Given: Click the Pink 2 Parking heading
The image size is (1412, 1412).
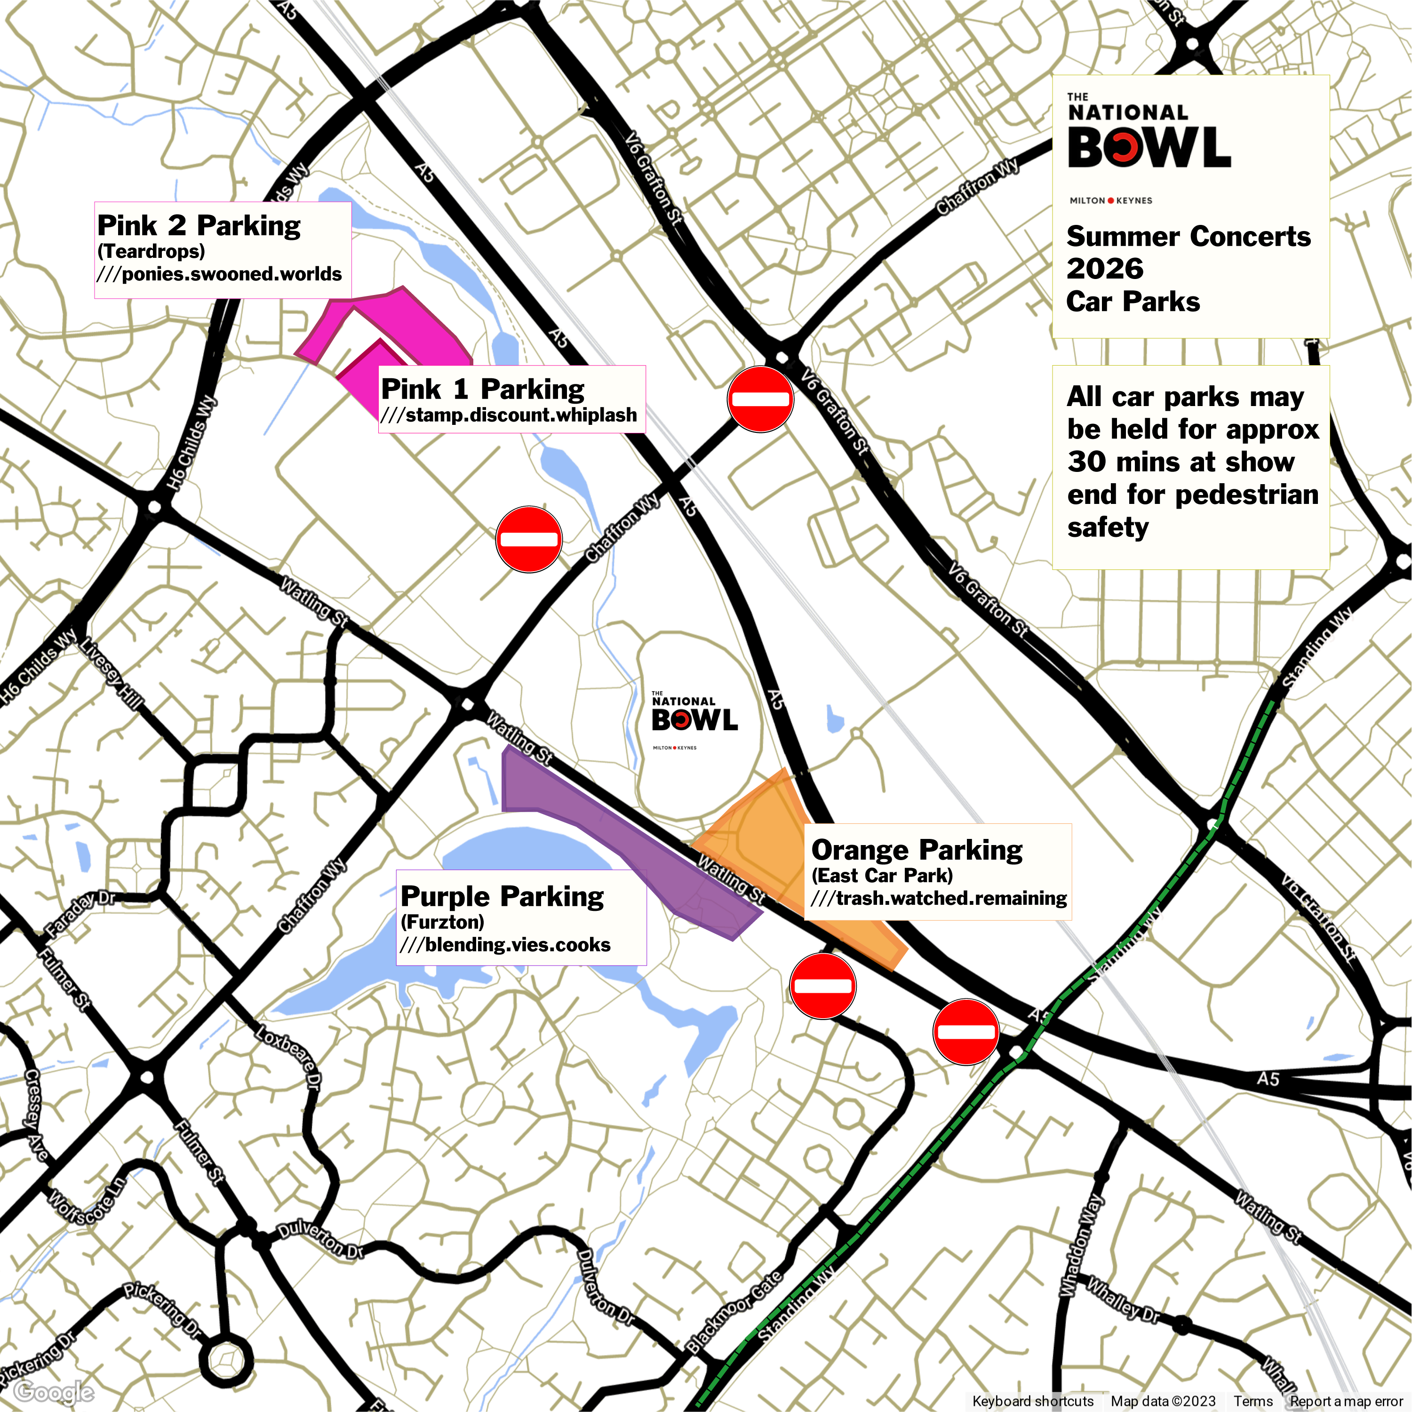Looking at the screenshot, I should click(199, 226).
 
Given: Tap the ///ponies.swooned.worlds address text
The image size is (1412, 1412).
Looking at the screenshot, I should click(219, 274).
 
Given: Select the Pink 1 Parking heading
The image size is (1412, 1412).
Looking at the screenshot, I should click(482, 389).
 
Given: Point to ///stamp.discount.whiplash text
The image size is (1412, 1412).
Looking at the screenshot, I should click(509, 415).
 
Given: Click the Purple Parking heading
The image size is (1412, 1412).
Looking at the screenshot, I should click(502, 896).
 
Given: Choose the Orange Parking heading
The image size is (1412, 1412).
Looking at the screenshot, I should click(917, 850).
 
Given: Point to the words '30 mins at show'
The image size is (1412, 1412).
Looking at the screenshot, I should click(1181, 462).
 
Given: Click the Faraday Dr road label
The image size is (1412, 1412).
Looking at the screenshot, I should click(80, 914).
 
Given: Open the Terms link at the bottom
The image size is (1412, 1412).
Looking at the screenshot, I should click(1252, 1400).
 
